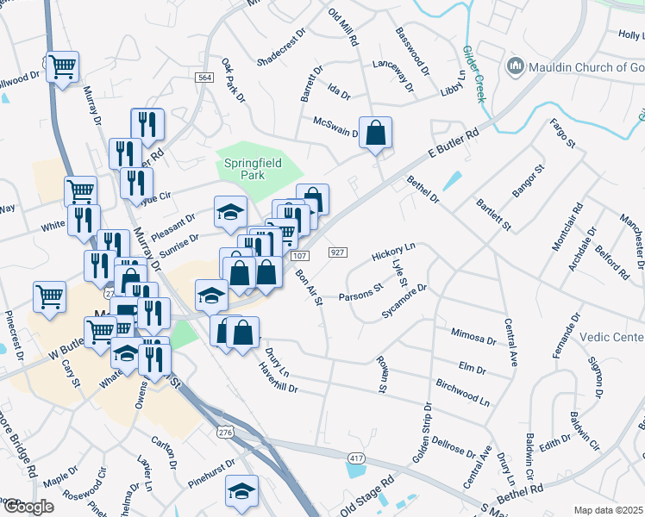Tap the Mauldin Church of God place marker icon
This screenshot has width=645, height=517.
tap(516, 65)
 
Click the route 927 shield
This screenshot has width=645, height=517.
tap(338, 252)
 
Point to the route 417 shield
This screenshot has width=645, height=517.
tap(356, 456)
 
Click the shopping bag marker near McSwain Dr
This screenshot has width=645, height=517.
tap(375, 133)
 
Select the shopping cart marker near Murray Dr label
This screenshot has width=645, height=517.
tap(63, 65)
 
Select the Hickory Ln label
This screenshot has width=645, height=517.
tap(393, 252)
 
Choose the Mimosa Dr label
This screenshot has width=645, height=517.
tap(473, 336)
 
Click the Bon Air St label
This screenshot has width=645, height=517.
tap(308, 287)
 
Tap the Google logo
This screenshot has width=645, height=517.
tap(28, 507)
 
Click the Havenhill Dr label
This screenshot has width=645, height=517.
tap(278, 377)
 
